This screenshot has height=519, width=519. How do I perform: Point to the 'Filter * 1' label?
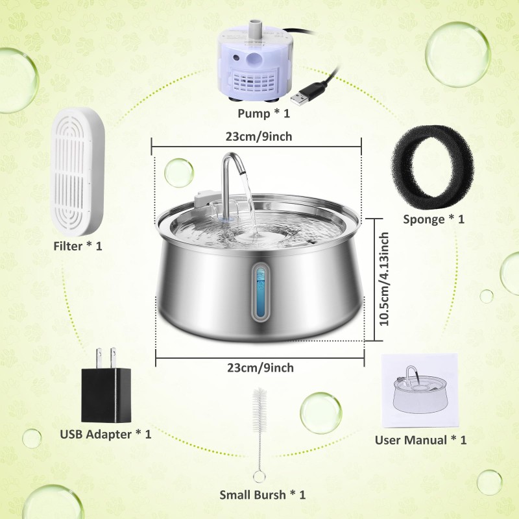click(78, 246)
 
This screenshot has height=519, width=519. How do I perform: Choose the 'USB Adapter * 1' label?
click(106, 434)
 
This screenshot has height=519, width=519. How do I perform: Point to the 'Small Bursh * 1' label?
click(262, 495)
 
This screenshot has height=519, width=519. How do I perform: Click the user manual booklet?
click(418, 387)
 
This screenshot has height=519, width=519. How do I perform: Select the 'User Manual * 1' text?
click(420, 440)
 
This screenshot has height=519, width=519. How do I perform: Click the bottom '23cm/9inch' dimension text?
click(259, 368)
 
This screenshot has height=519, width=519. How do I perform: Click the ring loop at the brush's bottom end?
click(259, 477)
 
